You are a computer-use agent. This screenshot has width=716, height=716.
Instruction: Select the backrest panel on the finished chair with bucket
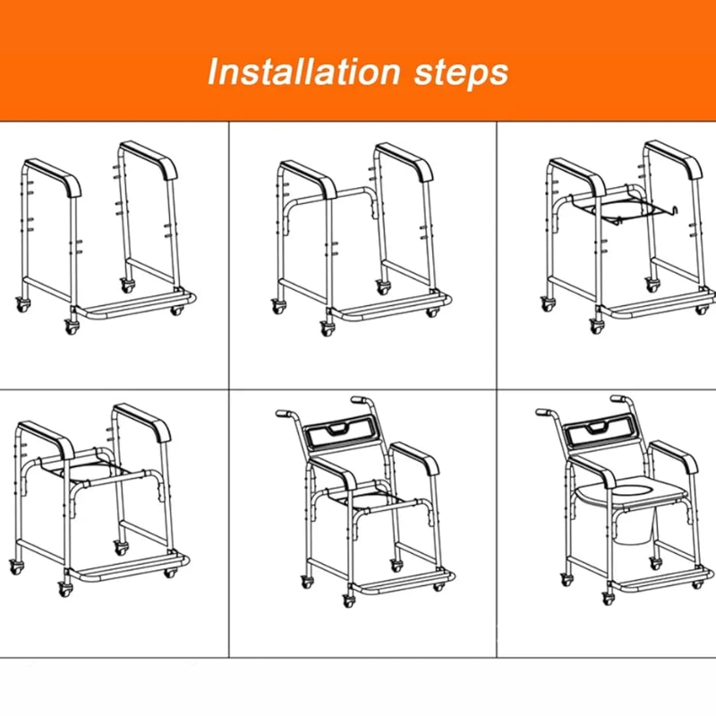coord(599,434)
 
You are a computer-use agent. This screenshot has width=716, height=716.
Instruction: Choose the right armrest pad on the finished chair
coord(678,455)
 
